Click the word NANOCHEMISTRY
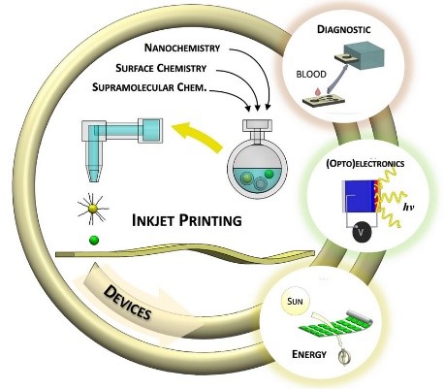(182, 48)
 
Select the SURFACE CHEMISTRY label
(161, 68)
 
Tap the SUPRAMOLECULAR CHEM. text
(149, 87)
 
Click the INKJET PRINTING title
(187, 220)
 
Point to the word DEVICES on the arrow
(127, 303)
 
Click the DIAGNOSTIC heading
(343, 29)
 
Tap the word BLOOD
(311, 74)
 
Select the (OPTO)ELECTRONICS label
(365, 163)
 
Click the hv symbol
(408, 207)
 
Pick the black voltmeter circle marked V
(363, 233)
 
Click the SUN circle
(295, 302)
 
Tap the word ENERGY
(309, 354)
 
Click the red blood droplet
(319, 91)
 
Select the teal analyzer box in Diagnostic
(364, 55)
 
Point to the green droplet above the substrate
(94, 241)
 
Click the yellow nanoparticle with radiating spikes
(93, 209)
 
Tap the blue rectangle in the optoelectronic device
(360, 196)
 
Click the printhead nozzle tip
(94, 179)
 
